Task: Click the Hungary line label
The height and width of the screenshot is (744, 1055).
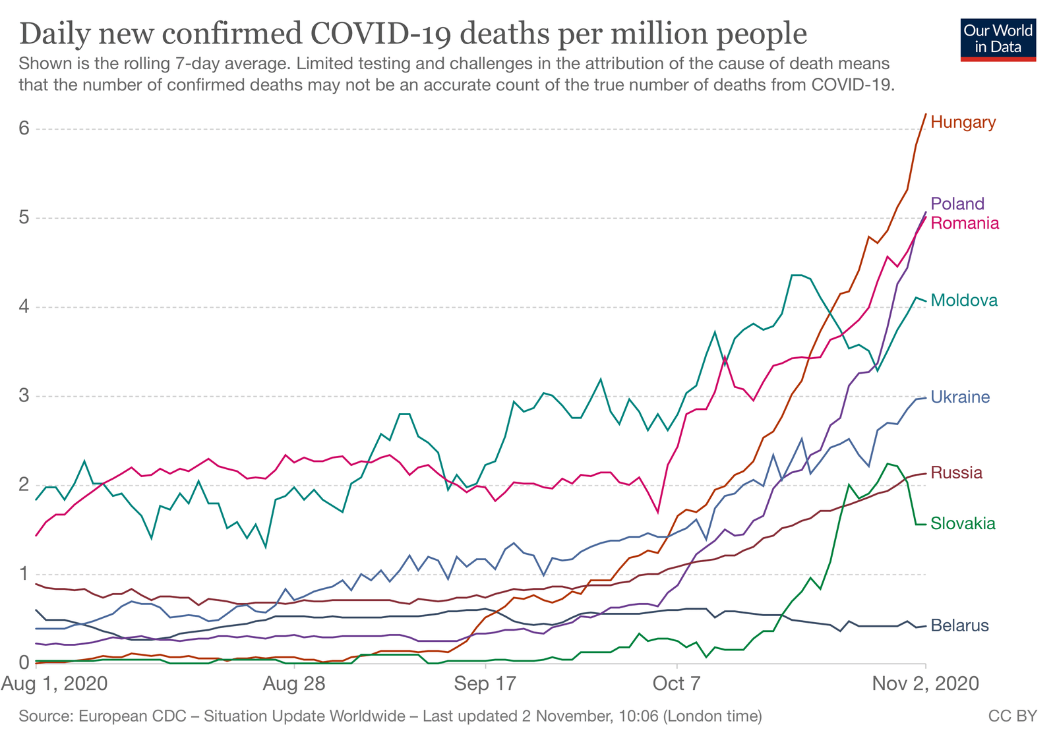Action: point(963,122)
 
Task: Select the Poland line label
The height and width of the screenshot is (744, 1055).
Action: point(957,204)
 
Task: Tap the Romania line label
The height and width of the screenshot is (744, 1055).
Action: point(965,223)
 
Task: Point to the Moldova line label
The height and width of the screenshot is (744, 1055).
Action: point(964,300)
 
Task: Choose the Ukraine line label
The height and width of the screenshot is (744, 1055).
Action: point(960,397)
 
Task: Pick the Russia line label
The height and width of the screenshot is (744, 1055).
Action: point(956,472)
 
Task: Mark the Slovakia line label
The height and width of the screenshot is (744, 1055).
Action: point(963,523)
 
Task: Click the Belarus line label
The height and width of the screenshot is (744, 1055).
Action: point(959,625)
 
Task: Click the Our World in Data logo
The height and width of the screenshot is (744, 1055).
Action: point(998,40)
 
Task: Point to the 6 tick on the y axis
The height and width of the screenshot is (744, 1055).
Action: point(24,128)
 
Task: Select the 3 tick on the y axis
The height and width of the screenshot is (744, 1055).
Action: point(24,395)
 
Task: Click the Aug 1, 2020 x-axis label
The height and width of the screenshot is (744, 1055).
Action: point(54,683)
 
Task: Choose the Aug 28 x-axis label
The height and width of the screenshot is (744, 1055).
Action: point(294,683)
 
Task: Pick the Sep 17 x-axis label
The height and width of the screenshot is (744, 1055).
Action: point(485,683)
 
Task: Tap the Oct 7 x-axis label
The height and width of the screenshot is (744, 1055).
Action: point(676,683)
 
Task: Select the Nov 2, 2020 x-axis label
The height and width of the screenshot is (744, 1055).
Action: point(925,683)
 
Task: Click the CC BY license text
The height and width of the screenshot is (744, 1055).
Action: point(1012,716)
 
